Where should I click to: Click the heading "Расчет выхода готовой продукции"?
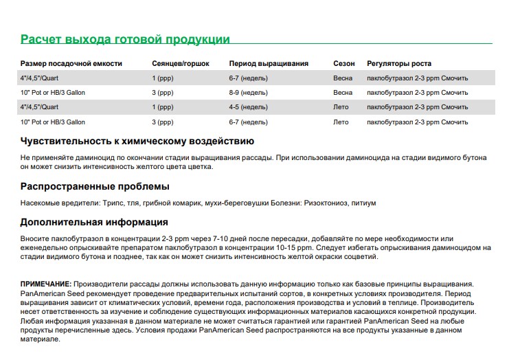[125, 39]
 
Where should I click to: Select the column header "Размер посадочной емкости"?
[71, 63]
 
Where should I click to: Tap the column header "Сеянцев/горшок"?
[180, 63]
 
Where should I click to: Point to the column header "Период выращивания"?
[269, 63]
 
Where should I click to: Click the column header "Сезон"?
[344, 63]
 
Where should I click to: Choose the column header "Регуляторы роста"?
[399, 63]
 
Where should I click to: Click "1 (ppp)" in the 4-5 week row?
[163, 107]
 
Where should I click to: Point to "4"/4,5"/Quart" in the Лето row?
[41, 107]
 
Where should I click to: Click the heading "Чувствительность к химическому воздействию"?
[137, 142]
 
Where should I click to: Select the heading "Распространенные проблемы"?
[95, 186]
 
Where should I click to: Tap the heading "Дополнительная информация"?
[94, 223]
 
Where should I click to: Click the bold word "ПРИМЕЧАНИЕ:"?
[45, 284]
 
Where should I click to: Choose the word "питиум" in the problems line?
[363, 204]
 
